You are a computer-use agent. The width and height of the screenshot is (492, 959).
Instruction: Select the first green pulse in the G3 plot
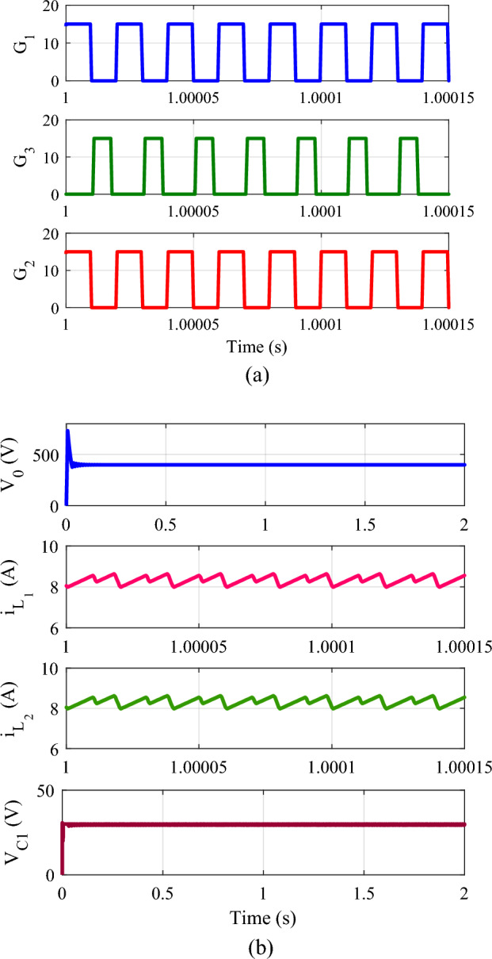(103, 140)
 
